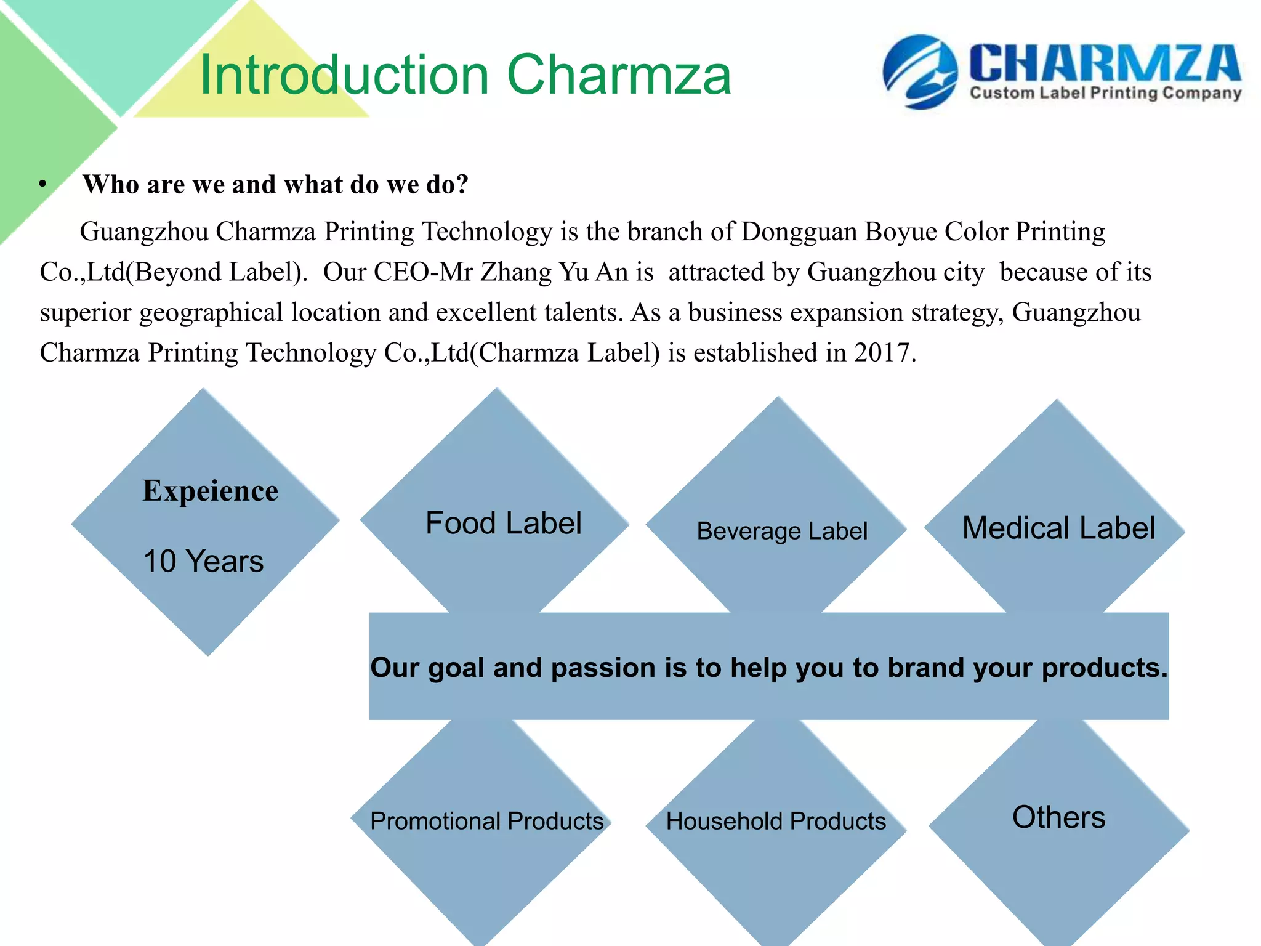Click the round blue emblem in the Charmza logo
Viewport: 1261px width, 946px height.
coord(920,72)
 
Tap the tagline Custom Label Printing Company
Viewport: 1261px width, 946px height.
coord(1105,94)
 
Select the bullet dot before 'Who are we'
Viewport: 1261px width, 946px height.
coord(42,184)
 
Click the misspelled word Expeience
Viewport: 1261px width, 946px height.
coord(210,491)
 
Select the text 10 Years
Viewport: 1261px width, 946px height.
coord(203,561)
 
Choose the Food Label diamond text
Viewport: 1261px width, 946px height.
coord(503,524)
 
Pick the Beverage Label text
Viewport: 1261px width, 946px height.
coord(781,531)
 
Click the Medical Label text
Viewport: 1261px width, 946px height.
coord(1058,528)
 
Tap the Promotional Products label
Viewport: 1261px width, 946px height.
coord(486,821)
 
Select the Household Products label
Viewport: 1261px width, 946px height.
coord(776,821)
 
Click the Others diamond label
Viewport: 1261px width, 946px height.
coord(1058,817)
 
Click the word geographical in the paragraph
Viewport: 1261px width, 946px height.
coord(211,313)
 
